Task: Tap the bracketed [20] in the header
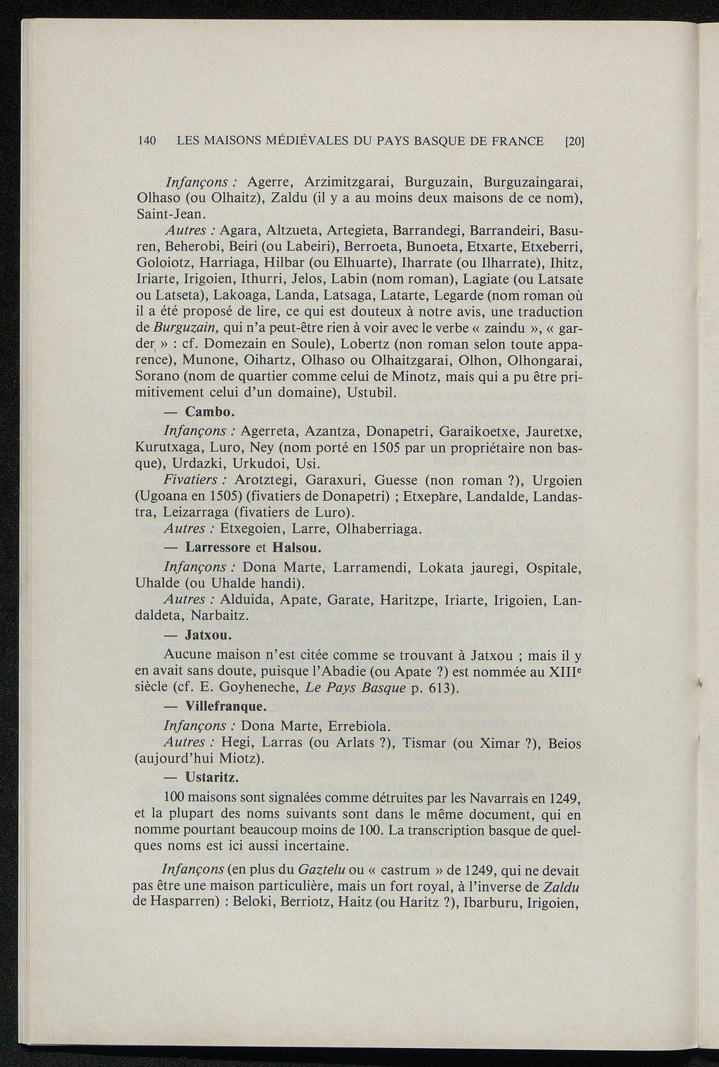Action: tap(575, 141)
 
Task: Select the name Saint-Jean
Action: tap(169, 213)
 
